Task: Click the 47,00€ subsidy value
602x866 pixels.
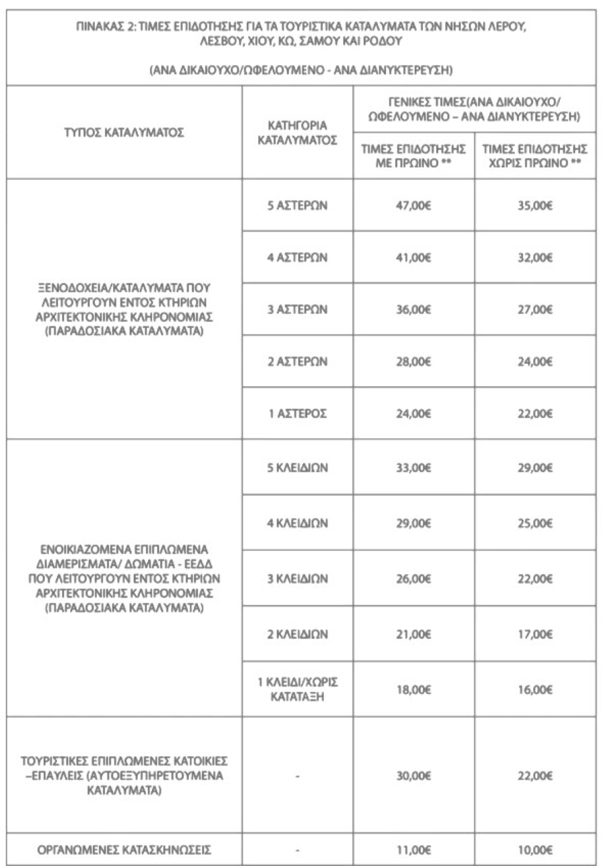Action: coord(413,205)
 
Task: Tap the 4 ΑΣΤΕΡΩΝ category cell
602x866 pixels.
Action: coord(297,257)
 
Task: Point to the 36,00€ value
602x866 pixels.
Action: coord(413,309)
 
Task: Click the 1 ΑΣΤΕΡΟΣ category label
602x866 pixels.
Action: coord(297,413)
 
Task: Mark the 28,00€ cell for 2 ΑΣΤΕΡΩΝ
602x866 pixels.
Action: coord(413,361)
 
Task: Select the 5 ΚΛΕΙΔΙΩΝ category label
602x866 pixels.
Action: coord(297,468)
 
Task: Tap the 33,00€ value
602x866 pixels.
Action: coord(413,468)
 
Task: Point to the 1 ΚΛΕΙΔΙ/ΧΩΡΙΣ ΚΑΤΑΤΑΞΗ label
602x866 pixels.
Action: coord(297,689)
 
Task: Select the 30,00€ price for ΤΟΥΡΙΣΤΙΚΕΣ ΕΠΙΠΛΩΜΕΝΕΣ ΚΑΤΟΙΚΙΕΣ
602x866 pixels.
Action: coord(413,776)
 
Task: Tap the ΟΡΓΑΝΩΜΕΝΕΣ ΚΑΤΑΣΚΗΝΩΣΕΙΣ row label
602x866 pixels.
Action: coord(125,850)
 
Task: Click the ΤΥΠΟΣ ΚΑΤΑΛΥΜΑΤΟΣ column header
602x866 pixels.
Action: coord(125,133)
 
